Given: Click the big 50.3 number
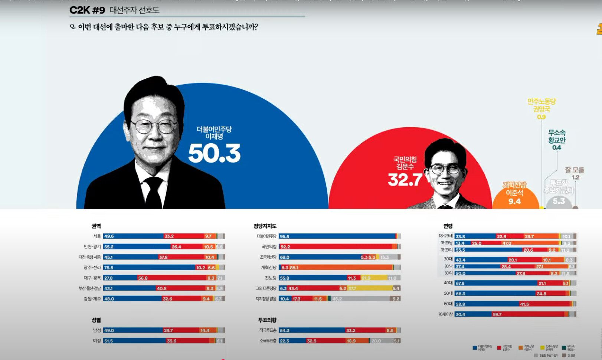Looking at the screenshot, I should coord(214,154).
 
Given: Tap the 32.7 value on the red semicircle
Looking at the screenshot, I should coord(405,180).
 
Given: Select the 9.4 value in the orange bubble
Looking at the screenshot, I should coord(514,202).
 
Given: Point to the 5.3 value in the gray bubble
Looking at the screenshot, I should coord(559,201).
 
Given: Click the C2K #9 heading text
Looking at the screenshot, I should coord(87,10).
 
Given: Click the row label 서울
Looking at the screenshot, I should coord(97,236).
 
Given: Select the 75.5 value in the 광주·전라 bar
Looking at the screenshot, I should coord(109,268).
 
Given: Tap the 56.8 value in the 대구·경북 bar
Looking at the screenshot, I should coord(143,278).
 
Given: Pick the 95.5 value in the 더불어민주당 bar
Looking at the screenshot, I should coord(285,236).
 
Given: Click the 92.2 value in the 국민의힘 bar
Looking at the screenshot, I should coord(285,247).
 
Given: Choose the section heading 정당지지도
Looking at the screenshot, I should coord(265,226).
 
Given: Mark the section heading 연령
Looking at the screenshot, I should coord(448,226).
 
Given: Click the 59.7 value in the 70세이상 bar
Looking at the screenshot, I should coord(497,314).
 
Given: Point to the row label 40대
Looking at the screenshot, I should coord(448,283).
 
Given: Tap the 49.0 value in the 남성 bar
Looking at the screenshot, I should coord(109,330).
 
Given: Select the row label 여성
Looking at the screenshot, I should coord(97,341).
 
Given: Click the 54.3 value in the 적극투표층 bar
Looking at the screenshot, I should coord(285,330).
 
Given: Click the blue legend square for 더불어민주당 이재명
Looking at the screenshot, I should coord(475,348).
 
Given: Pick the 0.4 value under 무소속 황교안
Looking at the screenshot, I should coord(557,148).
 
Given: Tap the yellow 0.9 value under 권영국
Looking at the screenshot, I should coord(542,117).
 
